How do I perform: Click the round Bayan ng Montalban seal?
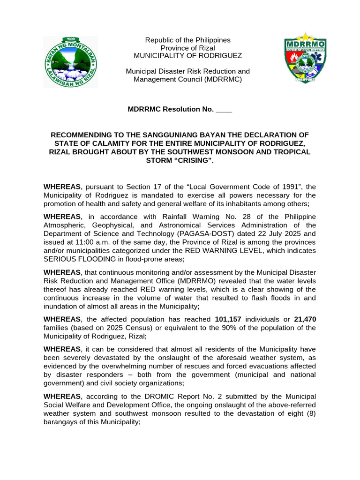(x=71, y=61)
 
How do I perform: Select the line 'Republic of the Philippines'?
(x=187, y=40)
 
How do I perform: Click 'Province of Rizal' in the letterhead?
(x=187, y=48)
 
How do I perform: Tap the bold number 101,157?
(x=228, y=319)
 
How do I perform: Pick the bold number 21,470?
(x=305, y=319)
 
